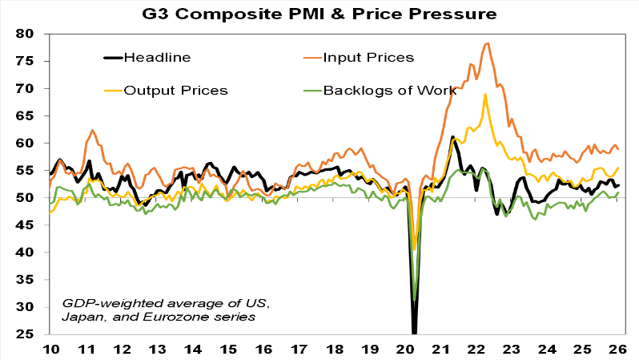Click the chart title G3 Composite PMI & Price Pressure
[319, 14]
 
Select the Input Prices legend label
[369, 58]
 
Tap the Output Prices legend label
[176, 90]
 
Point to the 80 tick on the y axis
[34, 34]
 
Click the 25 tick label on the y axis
[34, 334]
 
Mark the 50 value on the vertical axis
[34, 198]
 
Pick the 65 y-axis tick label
[34, 115]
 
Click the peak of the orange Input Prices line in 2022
[487, 43]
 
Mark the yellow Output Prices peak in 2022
[485, 95]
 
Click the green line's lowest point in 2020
[415, 301]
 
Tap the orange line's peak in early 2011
[93, 130]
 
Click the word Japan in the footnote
[81, 317]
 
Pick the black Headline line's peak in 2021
[452, 136]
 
